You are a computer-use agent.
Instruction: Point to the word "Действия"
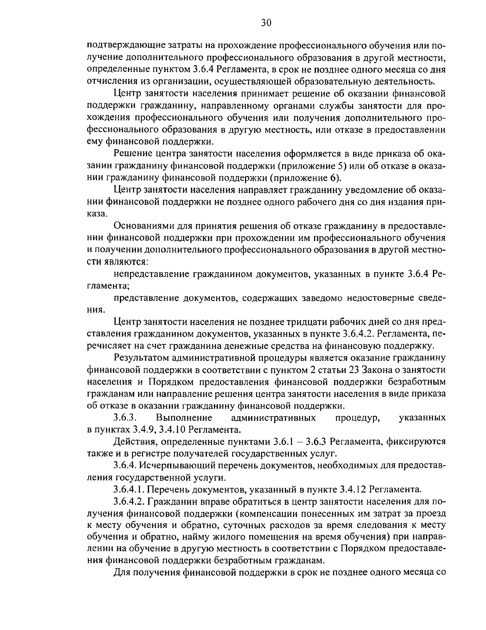point(132,441)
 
